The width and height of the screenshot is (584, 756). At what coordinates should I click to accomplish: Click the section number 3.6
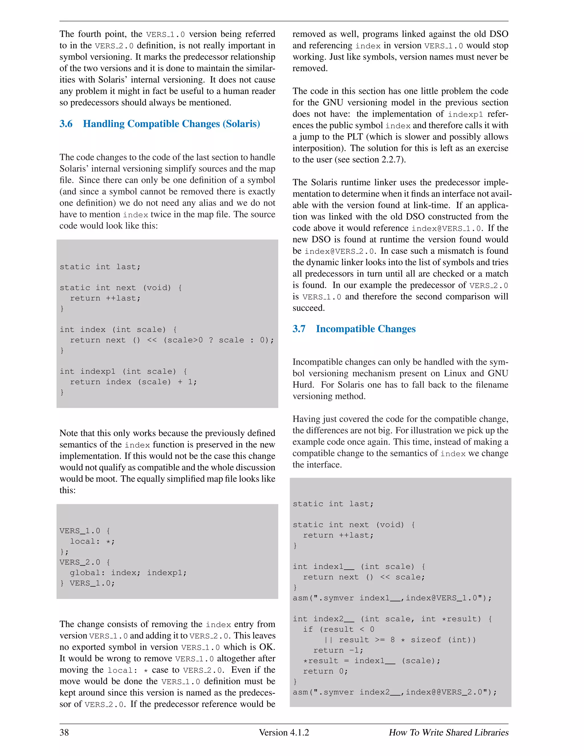point(66,124)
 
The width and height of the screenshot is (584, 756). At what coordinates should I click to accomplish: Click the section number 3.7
point(299,329)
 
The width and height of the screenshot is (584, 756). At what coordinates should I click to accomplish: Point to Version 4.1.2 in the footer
point(284,732)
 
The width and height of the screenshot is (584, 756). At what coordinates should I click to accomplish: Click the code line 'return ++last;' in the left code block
point(105,298)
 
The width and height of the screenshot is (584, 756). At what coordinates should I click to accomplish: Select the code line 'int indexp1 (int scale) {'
point(123,371)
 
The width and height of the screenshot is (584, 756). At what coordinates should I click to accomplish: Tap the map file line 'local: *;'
point(92,541)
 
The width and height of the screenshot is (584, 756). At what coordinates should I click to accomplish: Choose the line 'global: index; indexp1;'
point(128,573)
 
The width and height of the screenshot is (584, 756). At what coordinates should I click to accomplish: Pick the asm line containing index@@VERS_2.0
point(394,692)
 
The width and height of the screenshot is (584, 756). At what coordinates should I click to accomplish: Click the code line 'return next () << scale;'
point(364,577)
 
